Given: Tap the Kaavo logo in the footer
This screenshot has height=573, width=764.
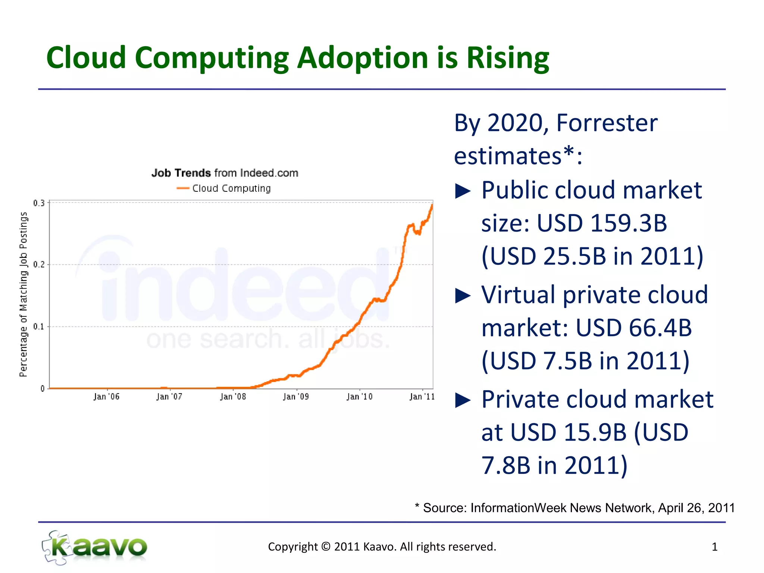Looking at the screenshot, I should [x=95, y=547].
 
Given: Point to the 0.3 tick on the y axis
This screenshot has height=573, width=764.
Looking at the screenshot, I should [x=38, y=203].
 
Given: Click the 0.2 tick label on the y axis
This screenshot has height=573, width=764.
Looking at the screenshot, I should [x=38, y=264].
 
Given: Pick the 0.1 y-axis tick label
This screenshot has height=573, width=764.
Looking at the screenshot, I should [x=38, y=326].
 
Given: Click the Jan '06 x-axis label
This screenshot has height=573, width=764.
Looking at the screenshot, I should [x=106, y=397].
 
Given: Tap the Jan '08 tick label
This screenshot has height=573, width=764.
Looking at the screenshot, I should [x=233, y=397].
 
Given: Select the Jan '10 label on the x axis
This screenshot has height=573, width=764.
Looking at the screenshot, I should [x=359, y=397].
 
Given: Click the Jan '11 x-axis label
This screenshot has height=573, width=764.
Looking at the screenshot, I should [x=422, y=397].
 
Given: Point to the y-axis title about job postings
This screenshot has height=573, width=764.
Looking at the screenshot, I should [x=23, y=294].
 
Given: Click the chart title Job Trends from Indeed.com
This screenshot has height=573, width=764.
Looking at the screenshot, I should [x=225, y=173].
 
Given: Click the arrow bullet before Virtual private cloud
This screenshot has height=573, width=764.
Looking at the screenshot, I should [x=463, y=296].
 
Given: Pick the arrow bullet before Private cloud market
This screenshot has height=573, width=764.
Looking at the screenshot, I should [x=463, y=400].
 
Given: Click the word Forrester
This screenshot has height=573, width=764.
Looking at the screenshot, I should [x=607, y=123].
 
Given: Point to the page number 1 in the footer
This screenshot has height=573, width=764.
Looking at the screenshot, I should [x=714, y=547].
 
